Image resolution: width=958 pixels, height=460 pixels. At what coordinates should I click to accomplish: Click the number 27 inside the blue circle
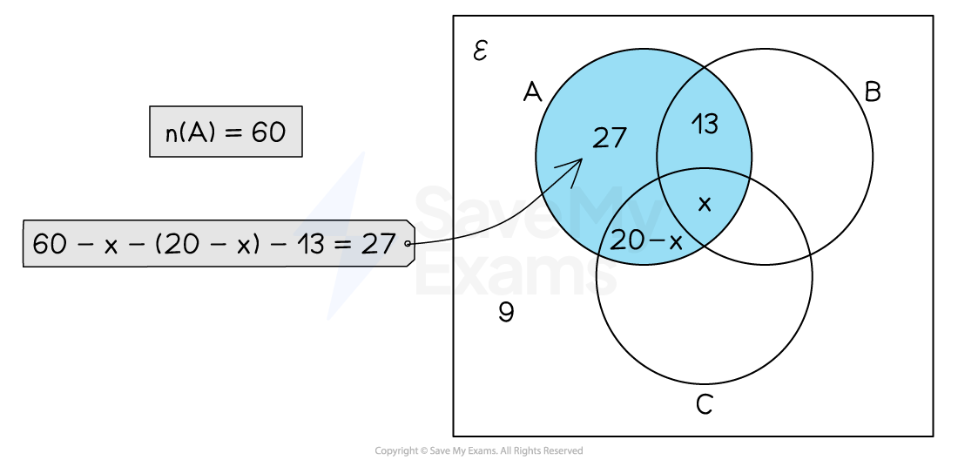(x=610, y=138)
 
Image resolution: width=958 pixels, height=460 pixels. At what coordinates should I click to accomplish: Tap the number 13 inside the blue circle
(x=705, y=125)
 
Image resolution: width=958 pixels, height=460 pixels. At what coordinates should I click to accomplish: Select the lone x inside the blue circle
(x=705, y=204)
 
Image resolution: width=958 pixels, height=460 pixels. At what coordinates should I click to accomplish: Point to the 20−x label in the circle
(x=646, y=241)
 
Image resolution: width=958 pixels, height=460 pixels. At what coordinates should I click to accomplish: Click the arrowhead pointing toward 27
(x=578, y=163)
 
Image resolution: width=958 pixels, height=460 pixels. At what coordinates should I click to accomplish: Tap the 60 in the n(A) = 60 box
(x=268, y=132)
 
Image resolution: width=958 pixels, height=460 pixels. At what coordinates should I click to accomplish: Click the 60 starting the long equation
(x=51, y=244)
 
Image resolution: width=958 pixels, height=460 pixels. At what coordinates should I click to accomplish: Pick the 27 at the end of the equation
(x=379, y=244)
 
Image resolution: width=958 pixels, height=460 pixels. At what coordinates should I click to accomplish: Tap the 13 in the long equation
(x=312, y=244)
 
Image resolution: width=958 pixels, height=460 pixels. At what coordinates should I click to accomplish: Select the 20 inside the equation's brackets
(x=181, y=244)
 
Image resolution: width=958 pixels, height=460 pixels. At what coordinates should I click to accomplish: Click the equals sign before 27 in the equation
(x=346, y=244)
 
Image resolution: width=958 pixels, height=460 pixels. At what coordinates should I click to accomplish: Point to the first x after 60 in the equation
(x=111, y=245)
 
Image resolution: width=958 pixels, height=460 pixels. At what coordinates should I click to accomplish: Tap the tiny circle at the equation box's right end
(x=408, y=245)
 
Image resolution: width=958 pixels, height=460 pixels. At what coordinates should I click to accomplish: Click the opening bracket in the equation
(x=160, y=244)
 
